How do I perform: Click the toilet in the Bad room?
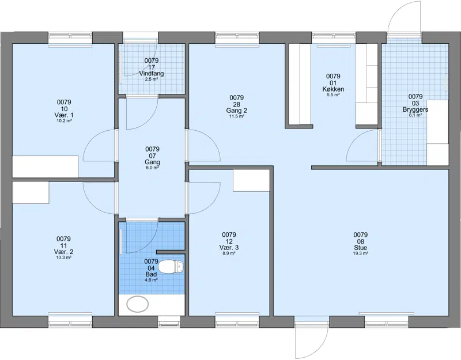171,267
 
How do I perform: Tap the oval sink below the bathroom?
138,304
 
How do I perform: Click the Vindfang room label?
152,74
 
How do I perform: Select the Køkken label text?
333,89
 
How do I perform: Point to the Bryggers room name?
415,109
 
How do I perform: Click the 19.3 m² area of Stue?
361,253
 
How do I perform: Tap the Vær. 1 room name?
64,115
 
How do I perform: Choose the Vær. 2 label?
63,252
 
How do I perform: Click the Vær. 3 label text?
229,248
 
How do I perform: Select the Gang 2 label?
236,111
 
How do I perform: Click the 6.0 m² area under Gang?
152,168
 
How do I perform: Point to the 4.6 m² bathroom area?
151,280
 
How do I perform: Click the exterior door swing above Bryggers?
404,17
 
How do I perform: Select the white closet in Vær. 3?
251,180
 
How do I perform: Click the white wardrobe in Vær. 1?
45,166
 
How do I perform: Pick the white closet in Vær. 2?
31,192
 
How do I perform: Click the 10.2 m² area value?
64,121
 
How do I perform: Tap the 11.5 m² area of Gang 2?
236,116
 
